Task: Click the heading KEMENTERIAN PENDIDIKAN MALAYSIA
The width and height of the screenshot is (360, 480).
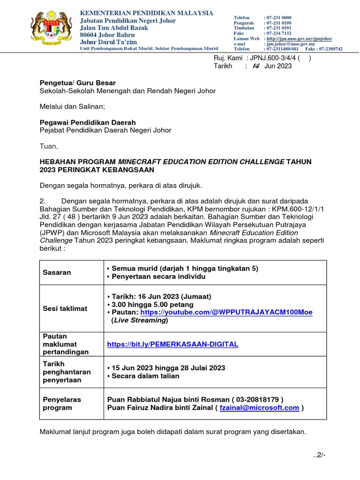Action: pos(147,13)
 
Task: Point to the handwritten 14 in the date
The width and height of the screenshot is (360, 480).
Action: pos(255,66)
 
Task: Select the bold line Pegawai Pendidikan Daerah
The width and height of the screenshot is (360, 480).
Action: pos(88,122)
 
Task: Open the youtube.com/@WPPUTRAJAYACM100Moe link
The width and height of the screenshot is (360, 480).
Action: pos(226,312)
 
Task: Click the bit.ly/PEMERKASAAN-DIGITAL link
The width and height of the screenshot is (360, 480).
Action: pos(172,344)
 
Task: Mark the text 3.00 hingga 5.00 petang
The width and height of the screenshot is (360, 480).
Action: pos(144,304)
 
